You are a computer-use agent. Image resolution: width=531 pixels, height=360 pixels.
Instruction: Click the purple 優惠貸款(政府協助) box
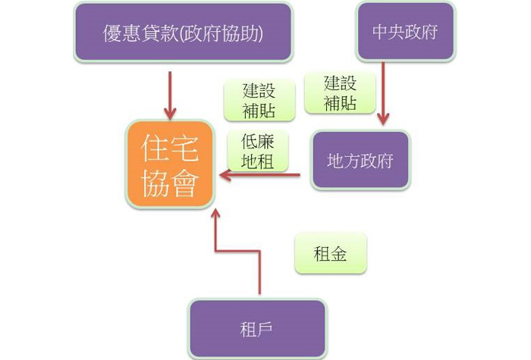coord(183,33)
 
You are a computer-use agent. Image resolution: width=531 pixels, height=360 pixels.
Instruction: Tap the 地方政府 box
coord(360,161)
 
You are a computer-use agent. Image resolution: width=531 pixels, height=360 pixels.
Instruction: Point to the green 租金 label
coord(330,254)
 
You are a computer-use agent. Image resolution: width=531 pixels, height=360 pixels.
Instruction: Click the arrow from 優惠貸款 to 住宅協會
coord(171,95)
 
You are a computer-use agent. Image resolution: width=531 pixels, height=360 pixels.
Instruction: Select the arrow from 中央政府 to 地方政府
coord(383,91)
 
